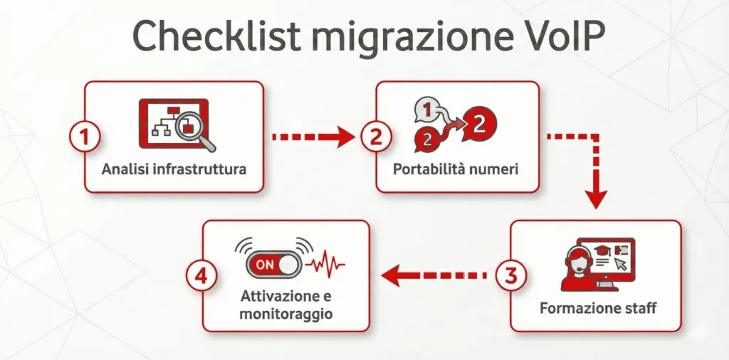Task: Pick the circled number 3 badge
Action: coord(510,276)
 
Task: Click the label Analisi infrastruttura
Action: coord(174,170)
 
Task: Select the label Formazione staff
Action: coord(598,309)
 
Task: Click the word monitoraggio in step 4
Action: coord(285,313)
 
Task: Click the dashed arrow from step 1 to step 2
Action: coord(313,136)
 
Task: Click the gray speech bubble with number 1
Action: coord(425,110)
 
